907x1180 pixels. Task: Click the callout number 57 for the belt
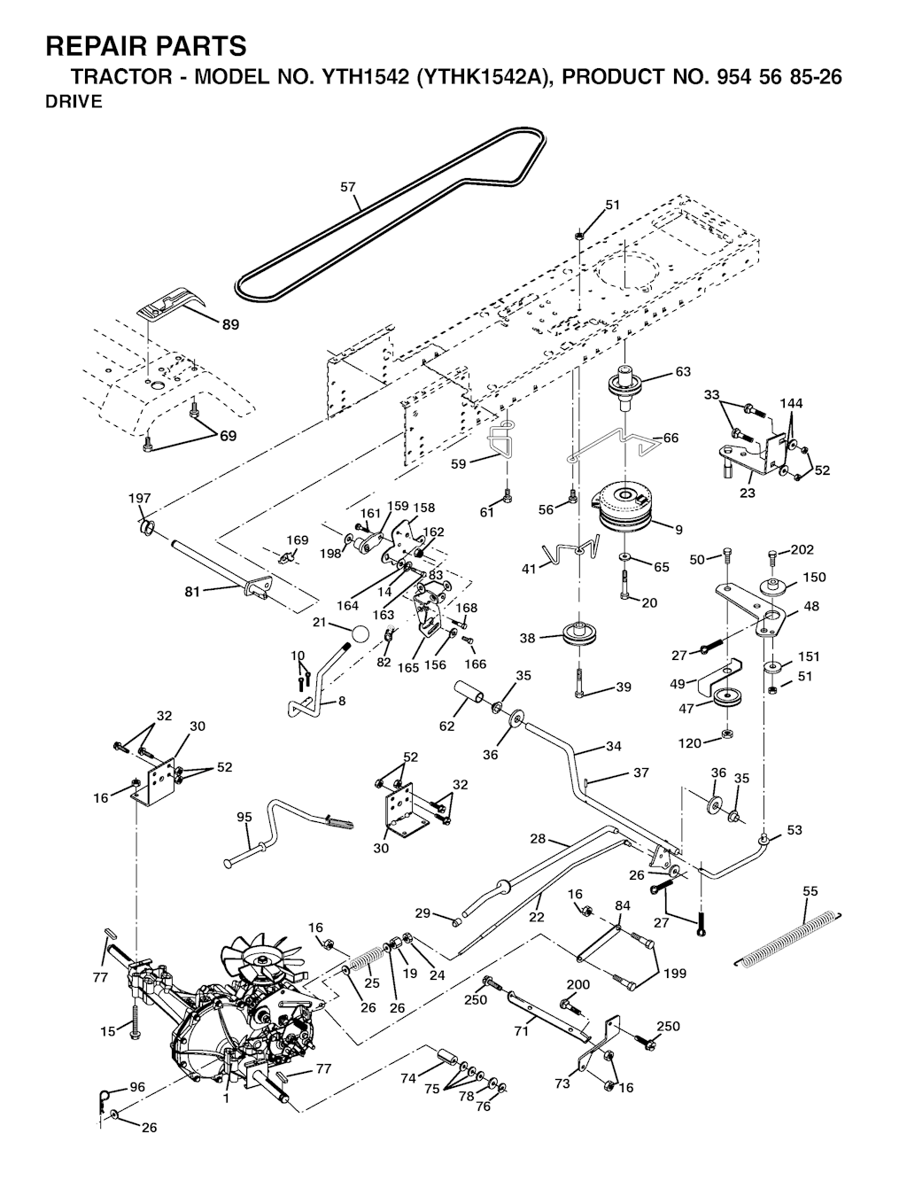click(348, 187)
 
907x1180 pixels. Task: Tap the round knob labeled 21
click(359, 635)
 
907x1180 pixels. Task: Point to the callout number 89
click(230, 325)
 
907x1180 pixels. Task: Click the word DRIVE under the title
click(74, 102)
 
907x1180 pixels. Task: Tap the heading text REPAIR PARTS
click(146, 46)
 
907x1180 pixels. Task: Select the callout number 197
click(140, 499)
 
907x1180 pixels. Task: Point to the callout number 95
click(244, 817)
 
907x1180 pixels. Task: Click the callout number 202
click(802, 549)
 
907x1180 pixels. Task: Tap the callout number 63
click(683, 372)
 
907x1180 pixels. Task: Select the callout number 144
click(791, 403)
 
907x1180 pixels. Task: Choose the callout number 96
click(137, 1086)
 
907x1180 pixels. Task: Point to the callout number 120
click(689, 742)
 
